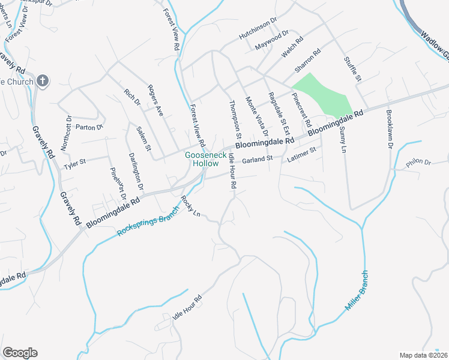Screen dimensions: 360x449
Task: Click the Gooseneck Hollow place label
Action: click(x=202, y=159)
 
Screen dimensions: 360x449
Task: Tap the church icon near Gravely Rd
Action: click(x=42, y=80)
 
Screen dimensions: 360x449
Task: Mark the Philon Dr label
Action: click(x=419, y=162)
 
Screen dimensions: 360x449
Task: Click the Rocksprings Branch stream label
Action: click(x=148, y=223)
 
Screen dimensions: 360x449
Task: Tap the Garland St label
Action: click(x=258, y=159)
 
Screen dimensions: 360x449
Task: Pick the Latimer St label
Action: click(x=301, y=154)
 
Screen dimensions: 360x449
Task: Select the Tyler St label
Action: click(x=75, y=162)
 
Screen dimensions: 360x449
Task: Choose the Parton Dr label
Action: click(x=89, y=127)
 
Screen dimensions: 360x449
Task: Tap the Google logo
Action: click(x=20, y=353)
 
